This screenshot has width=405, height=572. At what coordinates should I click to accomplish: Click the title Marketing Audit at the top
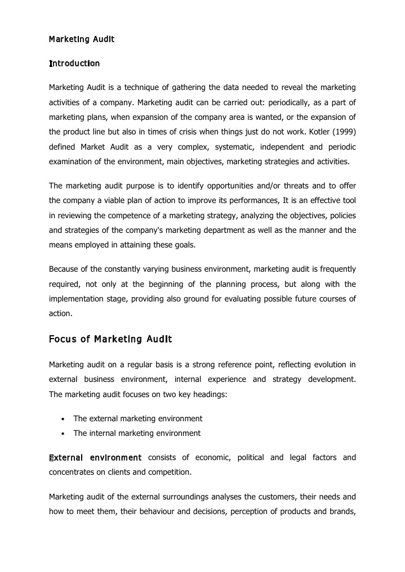tap(82, 39)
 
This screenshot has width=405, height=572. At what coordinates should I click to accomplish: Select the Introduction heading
tap(74, 63)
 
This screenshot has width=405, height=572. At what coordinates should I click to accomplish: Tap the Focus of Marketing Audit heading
tap(110, 339)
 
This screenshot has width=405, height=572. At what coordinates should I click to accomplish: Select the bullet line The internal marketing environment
tap(137, 433)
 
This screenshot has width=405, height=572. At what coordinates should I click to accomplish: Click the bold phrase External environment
tap(95, 457)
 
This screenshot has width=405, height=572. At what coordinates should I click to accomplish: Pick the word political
tap(250, 457)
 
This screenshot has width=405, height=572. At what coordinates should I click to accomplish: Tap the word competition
tap(169, 472)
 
